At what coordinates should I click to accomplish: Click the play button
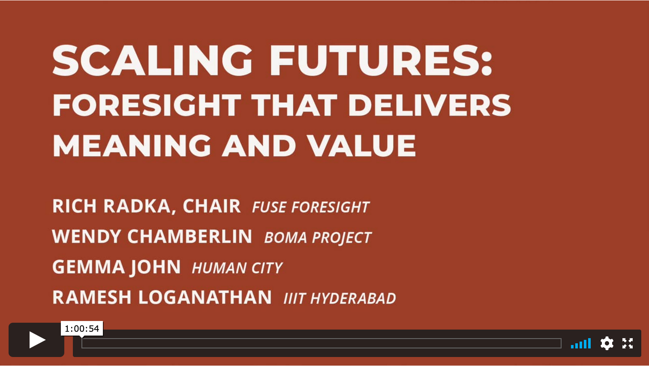point(37,340)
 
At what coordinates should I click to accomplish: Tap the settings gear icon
point(607,343)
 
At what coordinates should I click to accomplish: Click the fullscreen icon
point(628,343)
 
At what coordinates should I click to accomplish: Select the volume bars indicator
point(580,343)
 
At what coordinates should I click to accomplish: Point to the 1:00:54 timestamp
point(82,329)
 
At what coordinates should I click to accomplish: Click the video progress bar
point(321,343)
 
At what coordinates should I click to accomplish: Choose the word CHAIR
point(211,206)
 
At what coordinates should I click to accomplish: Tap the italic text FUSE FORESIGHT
point(311,207)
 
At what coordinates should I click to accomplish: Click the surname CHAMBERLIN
point(190,237)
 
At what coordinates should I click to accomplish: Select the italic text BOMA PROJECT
point(318,238)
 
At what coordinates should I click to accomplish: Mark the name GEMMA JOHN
point(117,267)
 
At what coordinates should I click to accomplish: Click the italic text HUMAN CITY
point(237,268)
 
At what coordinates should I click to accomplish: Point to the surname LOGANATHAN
point(205,297)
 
